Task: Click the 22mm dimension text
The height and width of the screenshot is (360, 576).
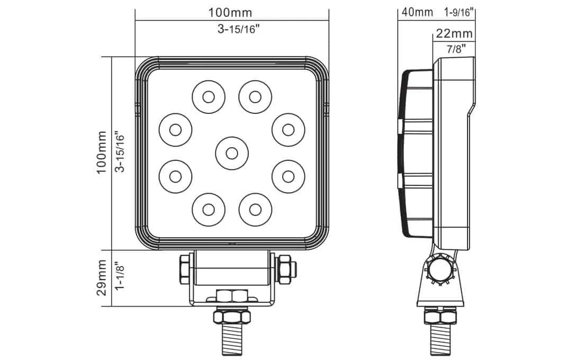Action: pyautogui.click(x=454, y=34)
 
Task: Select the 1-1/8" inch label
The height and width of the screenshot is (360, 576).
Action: pyautogui.click(x=120, y=277)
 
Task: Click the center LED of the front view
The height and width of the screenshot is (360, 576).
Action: pyautogui.click(x=231, y=153)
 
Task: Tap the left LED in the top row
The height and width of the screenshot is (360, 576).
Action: pyautogui.click(x=208, y=97)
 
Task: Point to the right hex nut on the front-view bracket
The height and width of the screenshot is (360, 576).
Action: pyautogui.click(x=284, y=267)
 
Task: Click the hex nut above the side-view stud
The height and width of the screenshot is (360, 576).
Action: pyautogui.click(x=440, y=317)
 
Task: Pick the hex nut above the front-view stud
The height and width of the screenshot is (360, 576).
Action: pyautogui.click(x=231, y=317)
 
